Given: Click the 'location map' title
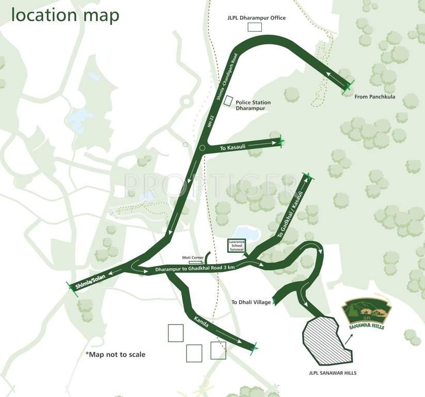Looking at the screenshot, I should pos(65,16).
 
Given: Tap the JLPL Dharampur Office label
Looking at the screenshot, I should pos(257,18).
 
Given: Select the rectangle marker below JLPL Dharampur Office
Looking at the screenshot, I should pos(255,27).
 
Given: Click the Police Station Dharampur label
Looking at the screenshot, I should pos(253,105).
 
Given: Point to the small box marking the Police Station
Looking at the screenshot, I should pos(228,101).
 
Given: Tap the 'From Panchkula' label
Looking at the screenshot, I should pos(374,97).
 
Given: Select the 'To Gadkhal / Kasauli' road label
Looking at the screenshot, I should pos(288,217).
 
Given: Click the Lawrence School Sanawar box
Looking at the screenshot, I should pos(236,246).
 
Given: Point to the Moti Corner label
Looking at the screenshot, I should pos(191,257).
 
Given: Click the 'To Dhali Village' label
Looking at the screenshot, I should pos(251,302).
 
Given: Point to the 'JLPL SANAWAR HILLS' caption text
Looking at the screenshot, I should pos(329,373).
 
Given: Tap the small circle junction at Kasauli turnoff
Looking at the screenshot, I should pos(202,148).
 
